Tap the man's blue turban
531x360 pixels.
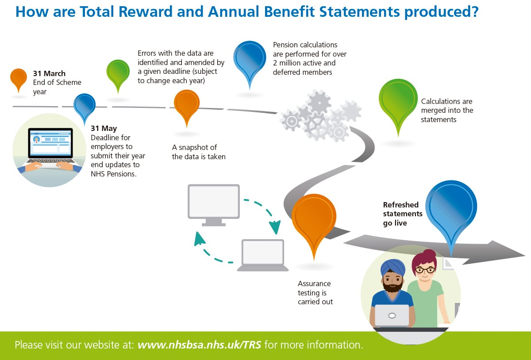[393, 267]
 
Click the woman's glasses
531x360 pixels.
[425, 269]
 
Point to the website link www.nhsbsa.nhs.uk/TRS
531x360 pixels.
[199, 345]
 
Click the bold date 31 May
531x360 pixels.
[104, 128]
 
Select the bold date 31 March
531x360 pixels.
[49, 73]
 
